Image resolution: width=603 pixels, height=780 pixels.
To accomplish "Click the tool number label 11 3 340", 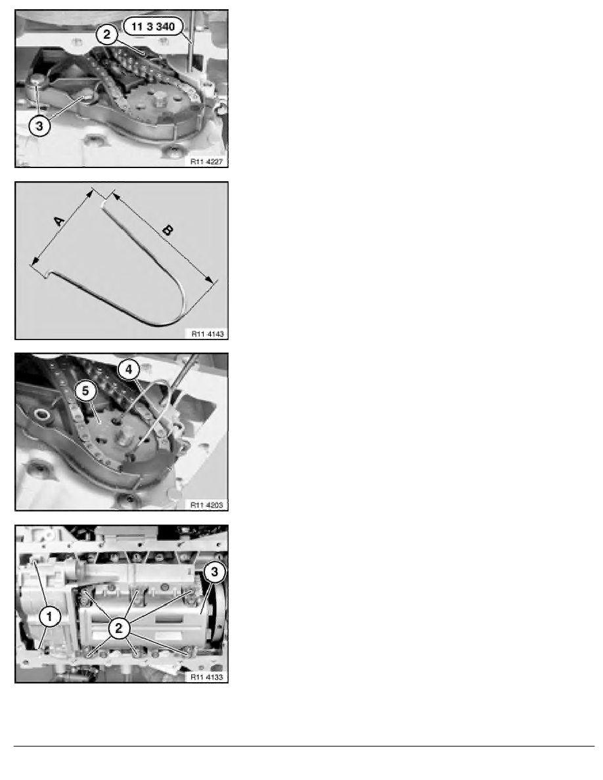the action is [153, 26].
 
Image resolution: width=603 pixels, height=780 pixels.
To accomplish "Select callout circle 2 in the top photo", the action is [107, 34].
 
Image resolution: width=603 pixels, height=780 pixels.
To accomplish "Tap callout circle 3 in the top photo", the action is [39, 126].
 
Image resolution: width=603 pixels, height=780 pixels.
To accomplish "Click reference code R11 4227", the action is [206, 162].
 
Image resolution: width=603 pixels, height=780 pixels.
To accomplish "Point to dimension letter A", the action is [59, 221].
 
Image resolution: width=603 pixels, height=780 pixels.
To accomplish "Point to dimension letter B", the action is [167, 230].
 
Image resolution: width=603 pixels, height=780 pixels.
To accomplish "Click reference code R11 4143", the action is [208, 334].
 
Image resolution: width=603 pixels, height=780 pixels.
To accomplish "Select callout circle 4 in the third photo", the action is [129, 370].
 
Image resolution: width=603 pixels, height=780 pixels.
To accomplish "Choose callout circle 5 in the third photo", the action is [85, 391].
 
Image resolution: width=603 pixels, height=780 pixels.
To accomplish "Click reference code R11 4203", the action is [206, 505].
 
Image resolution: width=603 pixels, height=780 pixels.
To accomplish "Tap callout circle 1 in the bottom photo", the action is [49, 617].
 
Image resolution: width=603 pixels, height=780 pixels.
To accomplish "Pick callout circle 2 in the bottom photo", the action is [118, 628].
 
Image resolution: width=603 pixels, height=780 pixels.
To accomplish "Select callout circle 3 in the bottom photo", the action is [214, 572].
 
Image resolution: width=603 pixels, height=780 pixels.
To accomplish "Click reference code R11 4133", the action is [206, 677].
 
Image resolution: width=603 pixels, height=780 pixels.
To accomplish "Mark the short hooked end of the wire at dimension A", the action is [48, 274].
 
